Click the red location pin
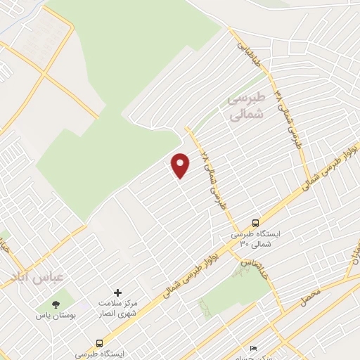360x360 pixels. [x=181, y=165]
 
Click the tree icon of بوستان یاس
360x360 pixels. [x=55, y=304]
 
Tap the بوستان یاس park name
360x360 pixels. [x=53, y=317]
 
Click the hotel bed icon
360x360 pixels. [x=254, y=349]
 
